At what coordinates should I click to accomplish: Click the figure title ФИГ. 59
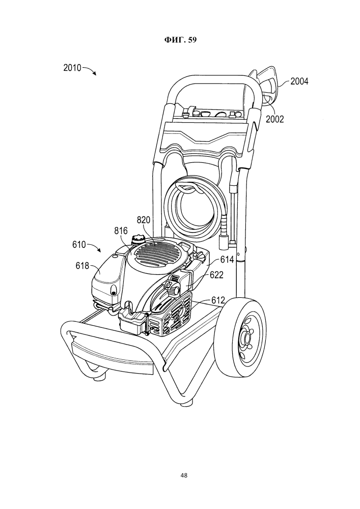click(180, 40)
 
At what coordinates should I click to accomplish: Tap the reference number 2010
click(72, 68)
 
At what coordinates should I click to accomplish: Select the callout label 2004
click(299, 81)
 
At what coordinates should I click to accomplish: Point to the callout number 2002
click(274, 119)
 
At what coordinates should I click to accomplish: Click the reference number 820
click(144, 220)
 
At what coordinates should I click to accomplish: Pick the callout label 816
click(121, 231)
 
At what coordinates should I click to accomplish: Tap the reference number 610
click(79, 244)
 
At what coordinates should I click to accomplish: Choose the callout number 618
click(82, 266)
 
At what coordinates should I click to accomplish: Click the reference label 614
click(227, 259)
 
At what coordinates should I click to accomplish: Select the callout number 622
click(216, 275)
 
